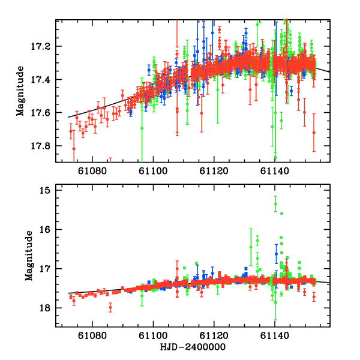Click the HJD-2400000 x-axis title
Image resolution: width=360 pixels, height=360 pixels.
click(193, 347)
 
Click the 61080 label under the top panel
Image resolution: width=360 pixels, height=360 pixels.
click(92, 172)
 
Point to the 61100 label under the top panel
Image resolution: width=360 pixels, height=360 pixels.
click(153, 172)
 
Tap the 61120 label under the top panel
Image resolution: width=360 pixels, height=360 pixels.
click(214, 172)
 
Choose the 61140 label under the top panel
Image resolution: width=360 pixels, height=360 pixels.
click(275, 172)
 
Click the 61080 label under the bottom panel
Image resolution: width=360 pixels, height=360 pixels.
click(92, 337)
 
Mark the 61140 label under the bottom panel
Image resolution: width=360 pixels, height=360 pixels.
click(275, 337)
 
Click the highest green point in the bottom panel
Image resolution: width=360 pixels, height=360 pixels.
click(275, 204)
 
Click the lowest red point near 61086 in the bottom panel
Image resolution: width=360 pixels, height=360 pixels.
click(110, 308)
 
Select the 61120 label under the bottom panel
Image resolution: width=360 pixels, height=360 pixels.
click(214, 337)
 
